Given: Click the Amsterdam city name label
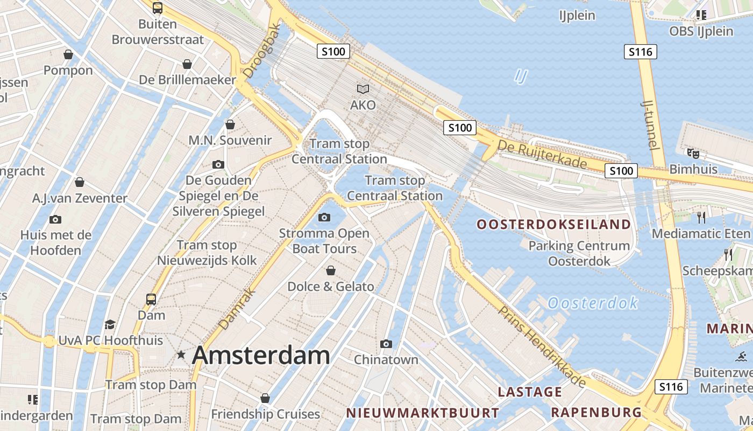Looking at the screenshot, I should coord(261,356).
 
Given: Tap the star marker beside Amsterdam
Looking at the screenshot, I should coord(181,355).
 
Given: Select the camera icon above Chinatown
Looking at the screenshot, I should coord(386,344).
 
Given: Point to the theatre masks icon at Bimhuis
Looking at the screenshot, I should coord(693,154).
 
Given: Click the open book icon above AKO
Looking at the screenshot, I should coord(363,89).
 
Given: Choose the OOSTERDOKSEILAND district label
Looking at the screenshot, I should coord(554,225).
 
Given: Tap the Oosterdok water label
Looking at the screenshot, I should coord(593,303).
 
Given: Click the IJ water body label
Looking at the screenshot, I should coord(520,76).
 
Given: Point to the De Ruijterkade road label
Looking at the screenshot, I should coord(542,154).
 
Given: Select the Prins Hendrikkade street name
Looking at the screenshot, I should coord(541,346).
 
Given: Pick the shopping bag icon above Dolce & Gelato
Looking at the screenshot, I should coord(331,270).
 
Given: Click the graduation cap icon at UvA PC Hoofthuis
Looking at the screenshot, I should coord(110,324).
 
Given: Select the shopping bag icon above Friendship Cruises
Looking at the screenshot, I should coord(265,398).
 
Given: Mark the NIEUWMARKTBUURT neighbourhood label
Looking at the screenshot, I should coord(422,413).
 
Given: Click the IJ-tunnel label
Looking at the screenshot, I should coord(650,124).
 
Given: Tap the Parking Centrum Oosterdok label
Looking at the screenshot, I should coord(579,254).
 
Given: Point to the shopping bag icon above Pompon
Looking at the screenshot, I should coord(68,54).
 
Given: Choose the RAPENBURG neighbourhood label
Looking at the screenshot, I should coord(596,413).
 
